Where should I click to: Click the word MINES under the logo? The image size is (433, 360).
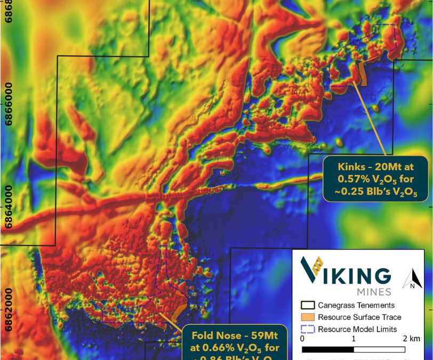point(373,292)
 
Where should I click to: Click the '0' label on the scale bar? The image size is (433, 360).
point(302,339)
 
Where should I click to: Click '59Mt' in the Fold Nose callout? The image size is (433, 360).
point(261,337)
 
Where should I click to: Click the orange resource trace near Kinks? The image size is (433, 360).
point(363,75)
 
